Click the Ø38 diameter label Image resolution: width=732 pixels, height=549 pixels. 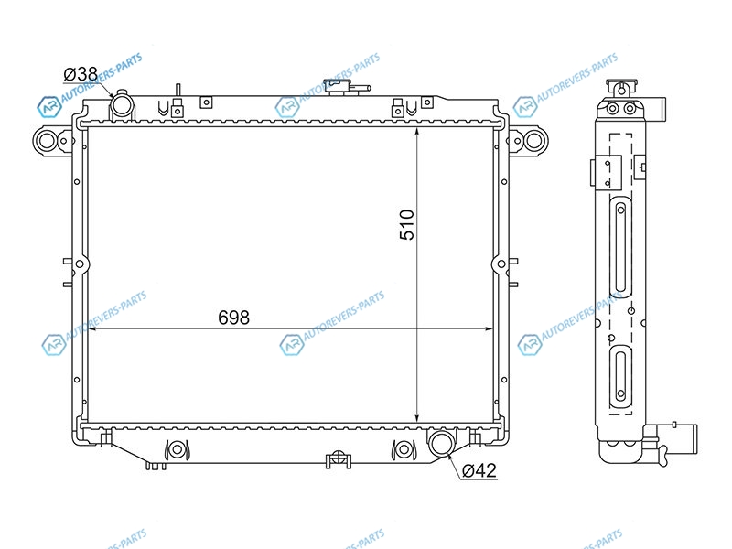(x=81, y=74)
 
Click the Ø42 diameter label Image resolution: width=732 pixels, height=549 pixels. (x=479, y=470)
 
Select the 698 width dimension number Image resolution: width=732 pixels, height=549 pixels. (x=233, y=318)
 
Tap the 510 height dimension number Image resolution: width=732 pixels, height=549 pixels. (x=406, y=224)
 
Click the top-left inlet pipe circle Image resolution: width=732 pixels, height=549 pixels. (x=122, y=107)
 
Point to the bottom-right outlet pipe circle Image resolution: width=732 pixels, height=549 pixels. (x=441, y=442)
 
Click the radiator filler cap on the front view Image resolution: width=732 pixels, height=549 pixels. (x=340, y=86)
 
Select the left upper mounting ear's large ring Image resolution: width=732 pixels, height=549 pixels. (x=47, y=140)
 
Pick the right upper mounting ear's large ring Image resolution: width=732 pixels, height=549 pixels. (x=534, y=140)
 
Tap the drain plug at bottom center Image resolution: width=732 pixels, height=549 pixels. (x=339, y=460)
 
